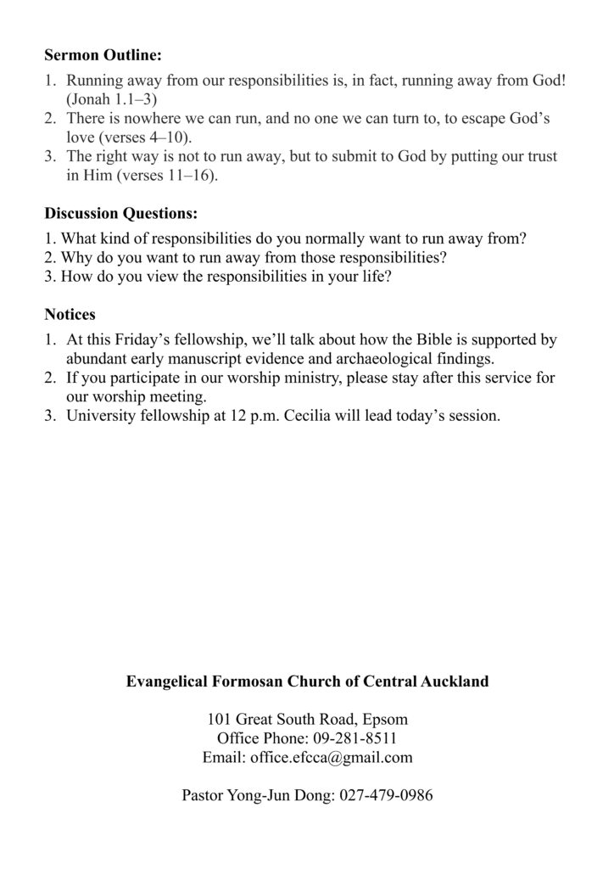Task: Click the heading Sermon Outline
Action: pos(103,56)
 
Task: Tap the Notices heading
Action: pos(70,314)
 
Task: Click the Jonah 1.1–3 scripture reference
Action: pos(109,98)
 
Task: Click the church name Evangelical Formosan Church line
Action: pos(307,681)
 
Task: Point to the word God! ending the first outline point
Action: pos(544,81)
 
